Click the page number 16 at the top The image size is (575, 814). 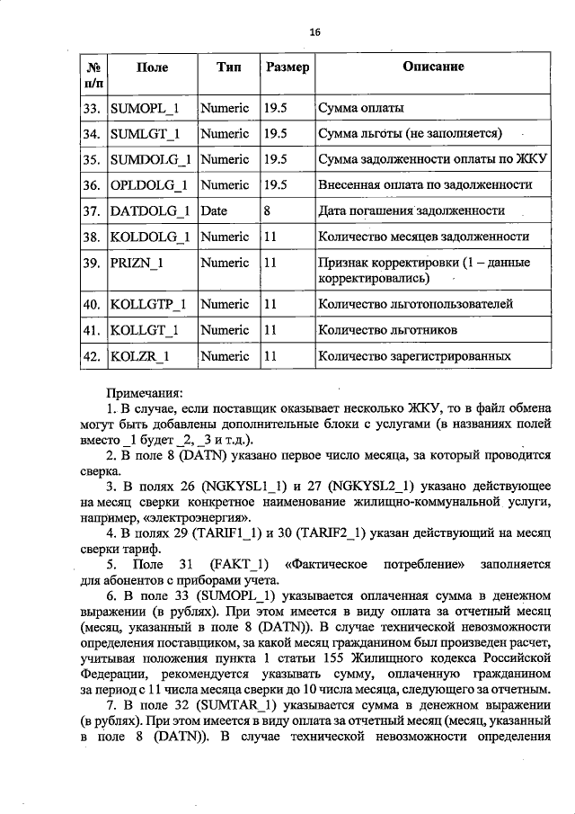pyautogui.click(x=314, y=32)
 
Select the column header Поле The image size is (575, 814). pyautogui.click(x=151, y=67)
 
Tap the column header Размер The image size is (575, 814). pyautogui.click(x=287, y=67)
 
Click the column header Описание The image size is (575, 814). pyautogui.click(x=433, y=67)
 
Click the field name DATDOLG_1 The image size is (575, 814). pyautogui.click(x=148, y=211)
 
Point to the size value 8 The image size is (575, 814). pyautogui.click(x=268, y=211)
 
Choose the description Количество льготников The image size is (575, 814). pyautogui.click(x=388, y=331)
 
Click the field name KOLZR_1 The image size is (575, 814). pyautogui.click(x=141, y=357)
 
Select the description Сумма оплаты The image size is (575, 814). pyautogui.click(x=360, y=109)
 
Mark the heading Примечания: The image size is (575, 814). pyautogui.click(x=145, y=393)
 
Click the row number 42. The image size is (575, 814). pyautogui.click(x=90, y=357)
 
